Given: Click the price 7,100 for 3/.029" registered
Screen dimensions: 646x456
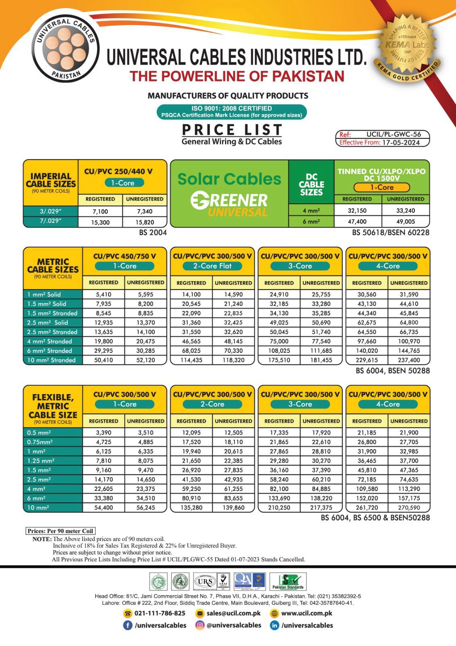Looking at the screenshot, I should (100, 211).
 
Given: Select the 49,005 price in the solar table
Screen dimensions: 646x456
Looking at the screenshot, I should (406, 222).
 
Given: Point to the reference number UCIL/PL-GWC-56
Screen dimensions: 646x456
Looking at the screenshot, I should (394, 134).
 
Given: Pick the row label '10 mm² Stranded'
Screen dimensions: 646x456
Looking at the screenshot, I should (52, 360).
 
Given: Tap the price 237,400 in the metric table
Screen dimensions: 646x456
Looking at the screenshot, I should (409, 360).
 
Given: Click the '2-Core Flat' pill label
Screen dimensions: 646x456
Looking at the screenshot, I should (212, 266).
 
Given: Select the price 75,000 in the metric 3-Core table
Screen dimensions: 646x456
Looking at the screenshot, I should (279, 342).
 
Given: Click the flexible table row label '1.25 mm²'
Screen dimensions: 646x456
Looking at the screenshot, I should (41, 461).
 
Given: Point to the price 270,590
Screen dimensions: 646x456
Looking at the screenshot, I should (409, 508).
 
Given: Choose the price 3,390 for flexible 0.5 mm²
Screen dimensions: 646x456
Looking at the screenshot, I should (104, 433).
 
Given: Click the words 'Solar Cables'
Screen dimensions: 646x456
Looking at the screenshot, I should (229, 179).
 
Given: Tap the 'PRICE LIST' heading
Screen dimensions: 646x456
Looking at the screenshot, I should (232, 130).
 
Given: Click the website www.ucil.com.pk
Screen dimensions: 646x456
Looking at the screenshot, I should (306, 613).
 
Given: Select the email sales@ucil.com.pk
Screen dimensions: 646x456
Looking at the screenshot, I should (233, 613).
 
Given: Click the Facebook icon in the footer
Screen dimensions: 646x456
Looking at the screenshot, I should (127, 625).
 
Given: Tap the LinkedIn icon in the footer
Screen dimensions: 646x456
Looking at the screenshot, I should (275, 625).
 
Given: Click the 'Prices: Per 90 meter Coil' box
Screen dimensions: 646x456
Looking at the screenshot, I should (60, 531).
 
